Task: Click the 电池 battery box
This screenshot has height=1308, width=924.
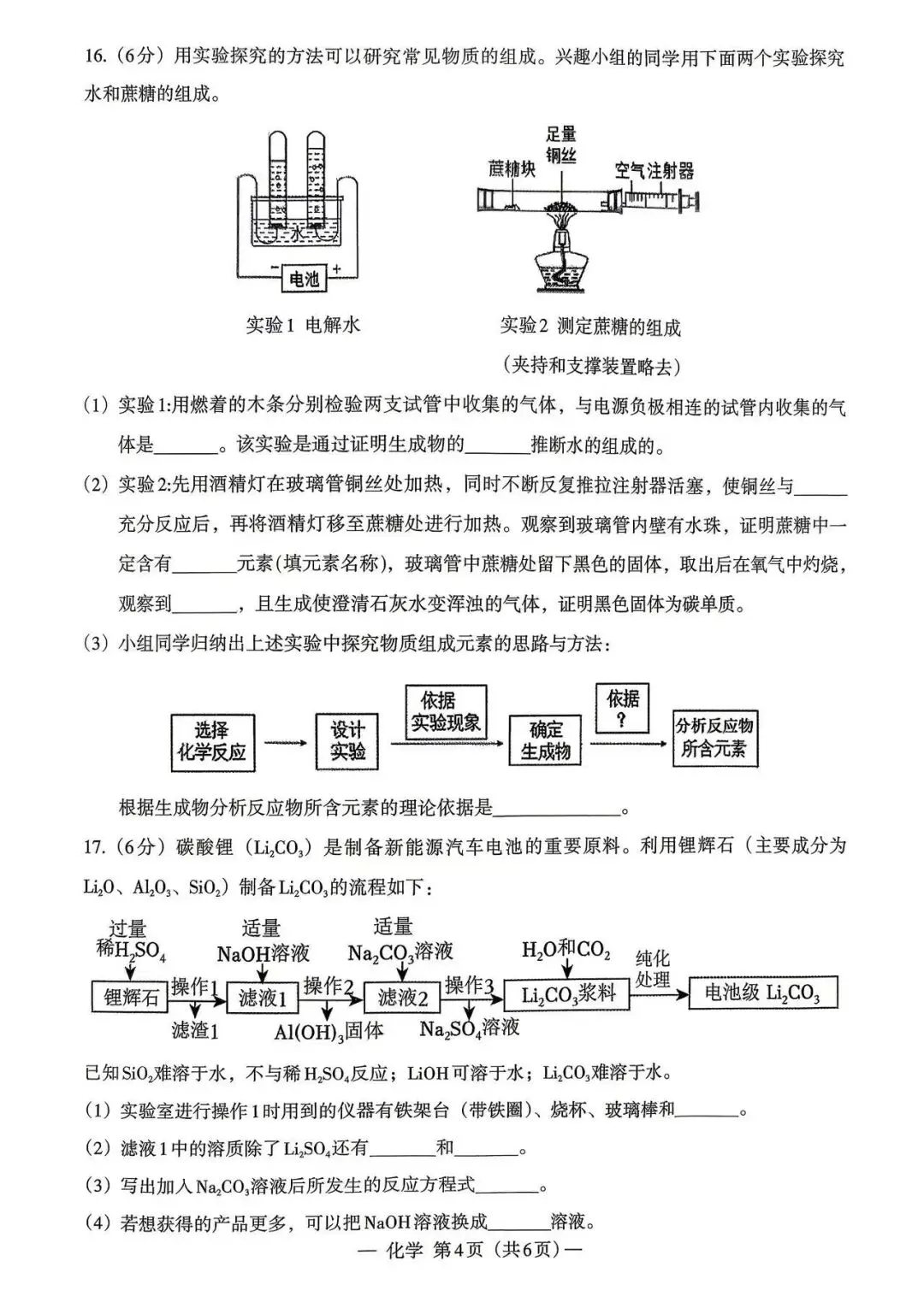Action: (304, 278)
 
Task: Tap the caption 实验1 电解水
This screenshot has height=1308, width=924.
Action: (303, 325)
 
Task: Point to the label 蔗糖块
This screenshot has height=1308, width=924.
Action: (511, 168)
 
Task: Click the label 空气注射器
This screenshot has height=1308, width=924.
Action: (654, 170)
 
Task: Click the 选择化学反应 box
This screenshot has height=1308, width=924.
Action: (210, 741)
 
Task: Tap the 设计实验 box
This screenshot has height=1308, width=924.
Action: (347, 740)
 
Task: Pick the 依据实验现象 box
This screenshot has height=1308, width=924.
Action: (446, 712)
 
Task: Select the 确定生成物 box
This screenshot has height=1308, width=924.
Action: (546, 740)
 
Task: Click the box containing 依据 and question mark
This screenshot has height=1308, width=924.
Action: (623, 709)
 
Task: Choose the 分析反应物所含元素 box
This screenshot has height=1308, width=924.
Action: (714, 737)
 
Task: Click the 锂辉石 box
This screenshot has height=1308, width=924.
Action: (131, 997)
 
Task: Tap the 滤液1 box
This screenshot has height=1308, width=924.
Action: (263, 997)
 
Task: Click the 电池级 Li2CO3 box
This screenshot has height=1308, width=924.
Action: (761, 993)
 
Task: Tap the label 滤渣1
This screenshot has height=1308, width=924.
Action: (194, 1030)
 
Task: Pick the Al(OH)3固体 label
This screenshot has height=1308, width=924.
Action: (329, 1032)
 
